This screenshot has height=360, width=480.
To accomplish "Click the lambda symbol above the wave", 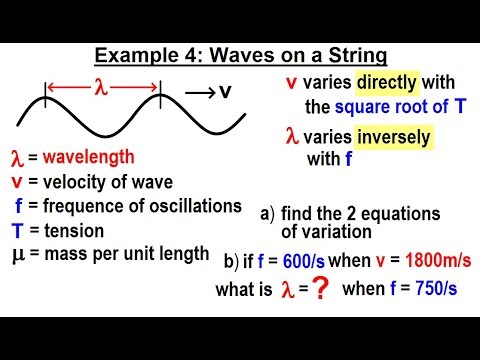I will (102, 86).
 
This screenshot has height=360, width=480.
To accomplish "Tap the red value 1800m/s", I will (424, 262).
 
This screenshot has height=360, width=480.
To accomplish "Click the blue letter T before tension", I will (16, 230).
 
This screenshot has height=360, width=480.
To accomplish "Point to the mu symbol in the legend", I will (16, 253).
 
